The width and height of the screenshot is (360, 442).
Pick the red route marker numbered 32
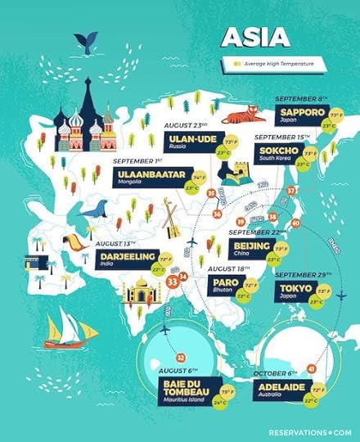181,357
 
